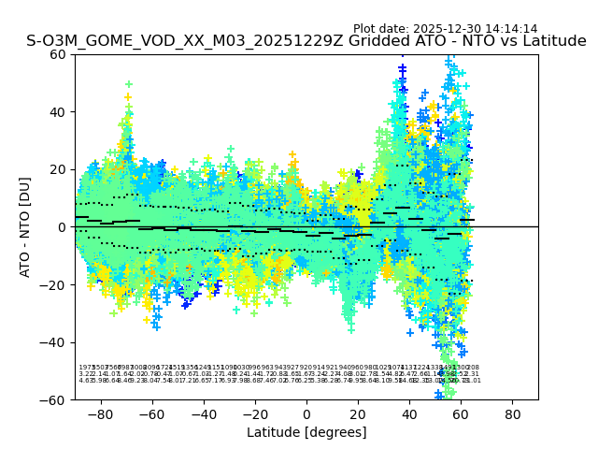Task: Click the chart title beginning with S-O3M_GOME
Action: coord(306,41)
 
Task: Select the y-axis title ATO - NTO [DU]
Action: coord(25,226)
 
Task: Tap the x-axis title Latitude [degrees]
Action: coord(306,432)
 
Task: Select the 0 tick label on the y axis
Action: coord(63,226)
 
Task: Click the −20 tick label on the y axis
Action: coord(55,284)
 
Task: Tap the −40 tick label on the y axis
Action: coord(55,342)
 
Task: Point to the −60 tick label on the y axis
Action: coord(55,399)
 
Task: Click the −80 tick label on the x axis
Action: coord(100,413)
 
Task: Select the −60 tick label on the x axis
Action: coord(151,413)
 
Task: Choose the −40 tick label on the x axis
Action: coord(203,413)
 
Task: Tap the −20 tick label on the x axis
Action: coord(254,413)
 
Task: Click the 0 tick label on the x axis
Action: coord(306,413)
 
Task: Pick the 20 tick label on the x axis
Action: coord(358,413)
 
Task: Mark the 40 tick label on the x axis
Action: coord(409,413)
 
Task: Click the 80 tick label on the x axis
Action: coord(512,413)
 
